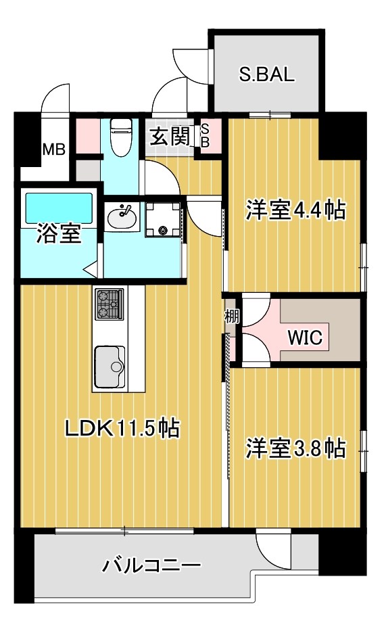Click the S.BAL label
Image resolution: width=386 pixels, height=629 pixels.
tap(267, 74)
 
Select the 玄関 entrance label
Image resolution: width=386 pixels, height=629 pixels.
tap(169, 137)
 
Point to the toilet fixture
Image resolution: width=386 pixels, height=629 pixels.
tap(121, 137)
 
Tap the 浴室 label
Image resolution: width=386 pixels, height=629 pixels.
tap(59, 234)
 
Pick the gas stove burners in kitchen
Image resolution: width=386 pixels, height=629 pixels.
tap(110, 304)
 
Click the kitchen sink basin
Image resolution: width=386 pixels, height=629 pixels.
tap(110, 366)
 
